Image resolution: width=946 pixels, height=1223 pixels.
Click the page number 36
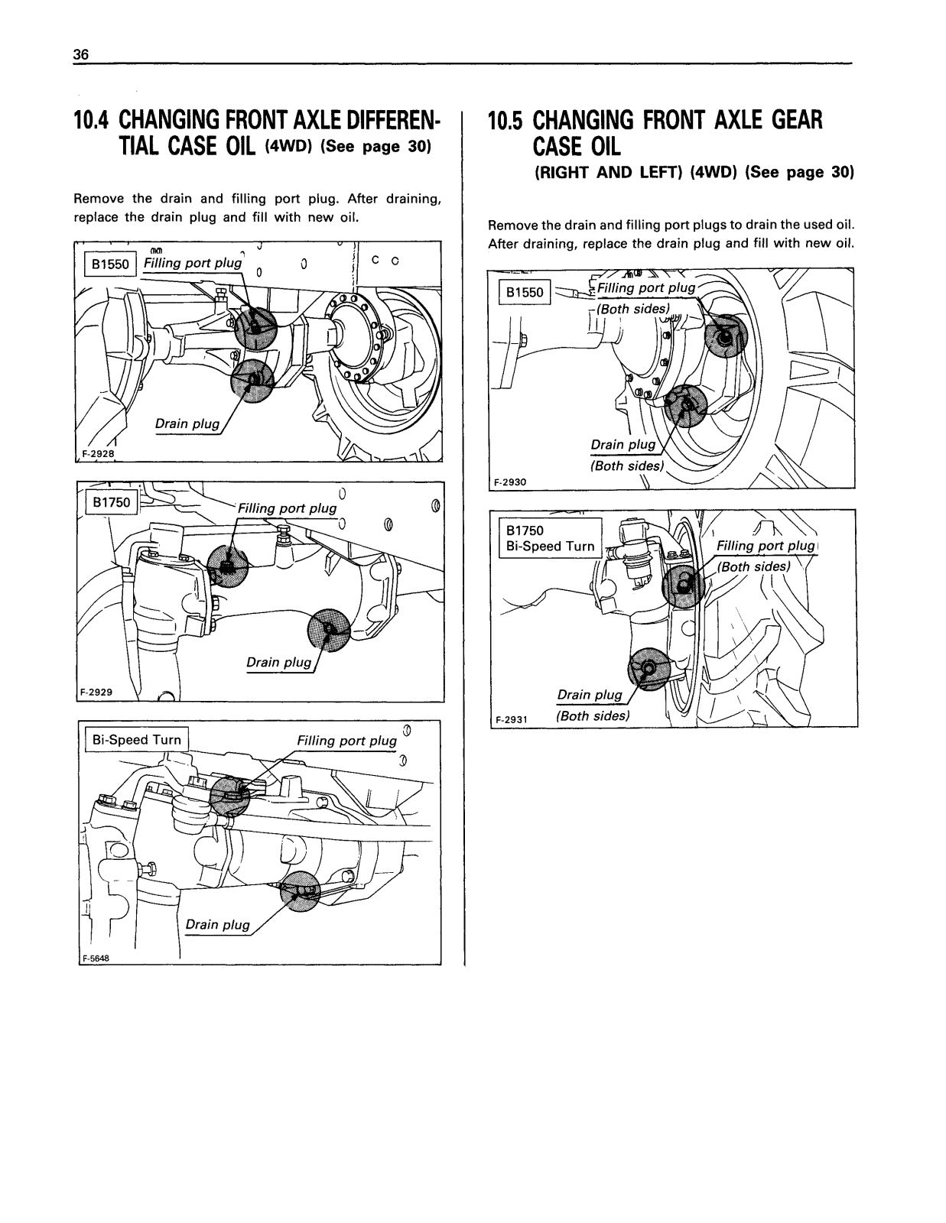tap(81, 55)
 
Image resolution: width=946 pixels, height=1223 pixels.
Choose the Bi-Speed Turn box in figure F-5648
tap(136, 740)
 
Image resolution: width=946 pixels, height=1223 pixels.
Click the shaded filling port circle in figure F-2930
tap(724, 336)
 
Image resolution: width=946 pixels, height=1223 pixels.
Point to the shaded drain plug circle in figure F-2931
tap(648, 670)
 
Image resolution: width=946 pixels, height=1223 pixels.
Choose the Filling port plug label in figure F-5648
tap(346, 741)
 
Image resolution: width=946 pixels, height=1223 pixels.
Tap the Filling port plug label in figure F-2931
tap(765, 546)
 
